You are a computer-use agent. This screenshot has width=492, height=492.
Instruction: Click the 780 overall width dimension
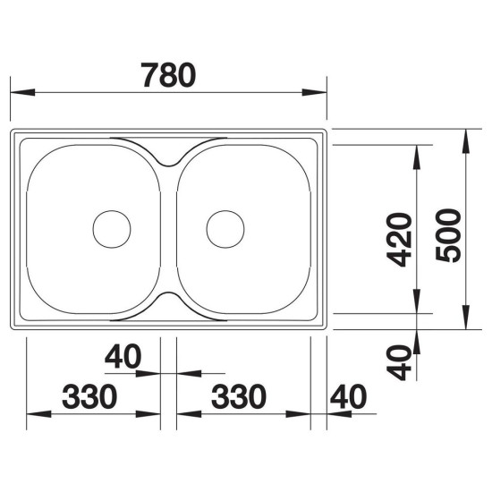168,75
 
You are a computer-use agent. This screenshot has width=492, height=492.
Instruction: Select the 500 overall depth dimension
448,235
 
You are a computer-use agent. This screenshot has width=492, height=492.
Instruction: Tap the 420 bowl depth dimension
398,240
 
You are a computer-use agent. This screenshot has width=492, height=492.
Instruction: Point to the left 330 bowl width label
89,396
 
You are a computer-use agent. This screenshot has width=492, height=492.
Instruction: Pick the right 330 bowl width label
239,396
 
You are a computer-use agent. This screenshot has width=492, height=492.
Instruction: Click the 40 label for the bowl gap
123,356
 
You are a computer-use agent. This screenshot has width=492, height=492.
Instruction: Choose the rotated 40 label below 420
398,362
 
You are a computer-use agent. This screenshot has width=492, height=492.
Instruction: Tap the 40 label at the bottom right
348,396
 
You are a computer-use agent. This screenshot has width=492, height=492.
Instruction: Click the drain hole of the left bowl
112,229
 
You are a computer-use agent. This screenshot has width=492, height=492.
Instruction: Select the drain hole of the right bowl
225,229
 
